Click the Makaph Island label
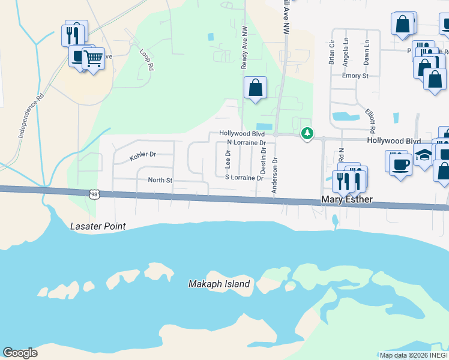point(218,284)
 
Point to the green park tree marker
point(307,133)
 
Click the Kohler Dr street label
point(143,155)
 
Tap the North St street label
point(160,179)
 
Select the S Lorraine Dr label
point(244,178)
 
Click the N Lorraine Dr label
point(246,143)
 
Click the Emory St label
point(354,76)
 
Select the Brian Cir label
point(331,53)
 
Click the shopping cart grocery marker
point(93,59)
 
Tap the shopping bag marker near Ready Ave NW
point(255,88)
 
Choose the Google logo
point(20,353)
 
